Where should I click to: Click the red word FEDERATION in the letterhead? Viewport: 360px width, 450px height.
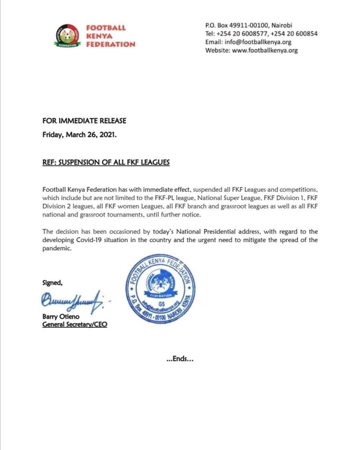coord(111,44)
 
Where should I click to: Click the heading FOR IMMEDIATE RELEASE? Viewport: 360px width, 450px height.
coord(84,121)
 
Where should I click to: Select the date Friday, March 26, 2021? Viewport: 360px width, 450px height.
coord(80,135)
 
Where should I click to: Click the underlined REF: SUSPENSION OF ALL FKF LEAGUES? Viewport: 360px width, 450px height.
coord(106,162)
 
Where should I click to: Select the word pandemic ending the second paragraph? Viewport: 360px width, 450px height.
coord(57,248)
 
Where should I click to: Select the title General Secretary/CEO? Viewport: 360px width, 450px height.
coord(74,325)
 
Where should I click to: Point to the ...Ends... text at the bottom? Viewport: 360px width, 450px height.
coord(180,359)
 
